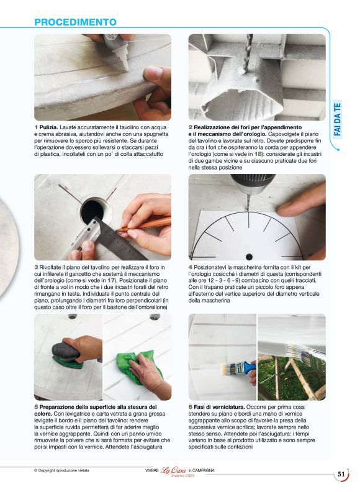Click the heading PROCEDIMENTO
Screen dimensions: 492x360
tap(75, 22)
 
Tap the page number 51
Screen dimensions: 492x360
tap(341, 474)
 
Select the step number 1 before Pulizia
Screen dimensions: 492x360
tap(36, 127)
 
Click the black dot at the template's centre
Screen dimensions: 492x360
tap(249, 257)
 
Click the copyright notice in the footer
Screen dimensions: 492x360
tap(61, 471)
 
